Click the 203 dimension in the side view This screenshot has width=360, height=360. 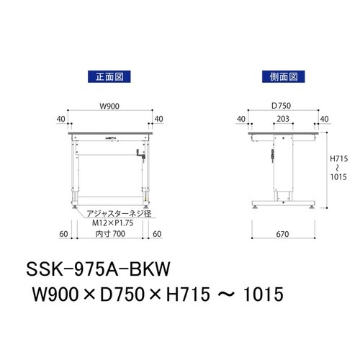coord(282,119)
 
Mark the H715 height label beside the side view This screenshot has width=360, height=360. coord(338,158)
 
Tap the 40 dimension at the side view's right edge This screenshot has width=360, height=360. coord(324,119)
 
